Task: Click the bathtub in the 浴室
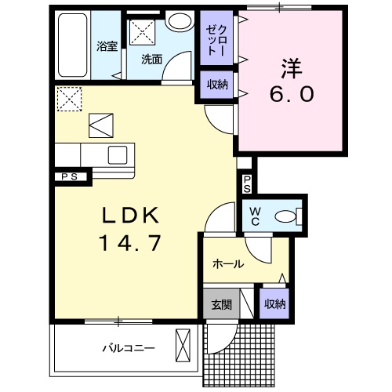coord(72,45)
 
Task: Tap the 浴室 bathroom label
coord(107,46)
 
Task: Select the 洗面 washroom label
coord(152,60)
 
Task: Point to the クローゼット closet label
coord(216,40)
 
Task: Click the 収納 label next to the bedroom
coord(217,85)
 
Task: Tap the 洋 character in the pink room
coord(292,68)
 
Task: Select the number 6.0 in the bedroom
coord(292,94)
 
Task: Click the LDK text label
coord(130,215)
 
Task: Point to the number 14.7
coord(129,243)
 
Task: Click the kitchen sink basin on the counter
coord(118,154)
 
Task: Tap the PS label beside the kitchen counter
coord(70,177)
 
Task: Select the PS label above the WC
coord(247,184)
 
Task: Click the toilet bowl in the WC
coord(285,216)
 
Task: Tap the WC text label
coord(255,216)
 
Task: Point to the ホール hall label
coord(228,264)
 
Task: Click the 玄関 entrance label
coord(222,304)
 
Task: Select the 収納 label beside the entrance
coord(274,304)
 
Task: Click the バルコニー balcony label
coord(129,348)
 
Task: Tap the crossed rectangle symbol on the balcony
coord(183,345)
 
